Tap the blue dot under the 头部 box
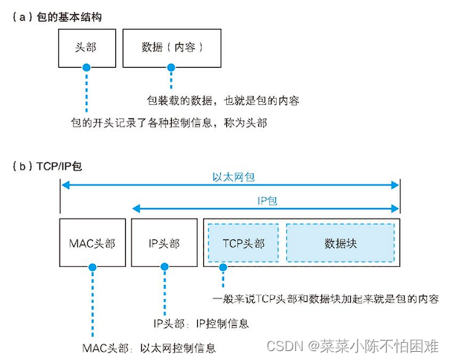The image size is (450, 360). (86, 68)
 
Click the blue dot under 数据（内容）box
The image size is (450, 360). (171, 68)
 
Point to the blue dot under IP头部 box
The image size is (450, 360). (161, 272)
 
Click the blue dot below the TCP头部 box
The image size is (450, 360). (222, 272)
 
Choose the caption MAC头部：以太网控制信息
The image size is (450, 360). (150, 347)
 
